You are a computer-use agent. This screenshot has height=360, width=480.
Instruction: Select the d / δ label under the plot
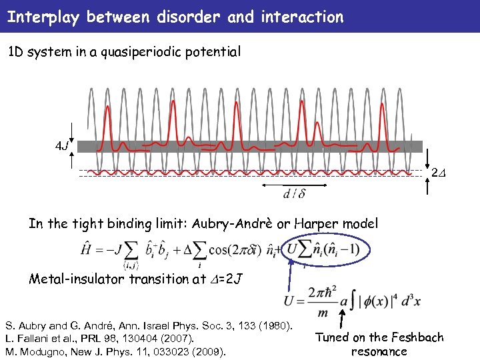tap(295, 195)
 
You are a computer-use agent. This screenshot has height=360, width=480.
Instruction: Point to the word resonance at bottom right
tap(379, 351)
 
